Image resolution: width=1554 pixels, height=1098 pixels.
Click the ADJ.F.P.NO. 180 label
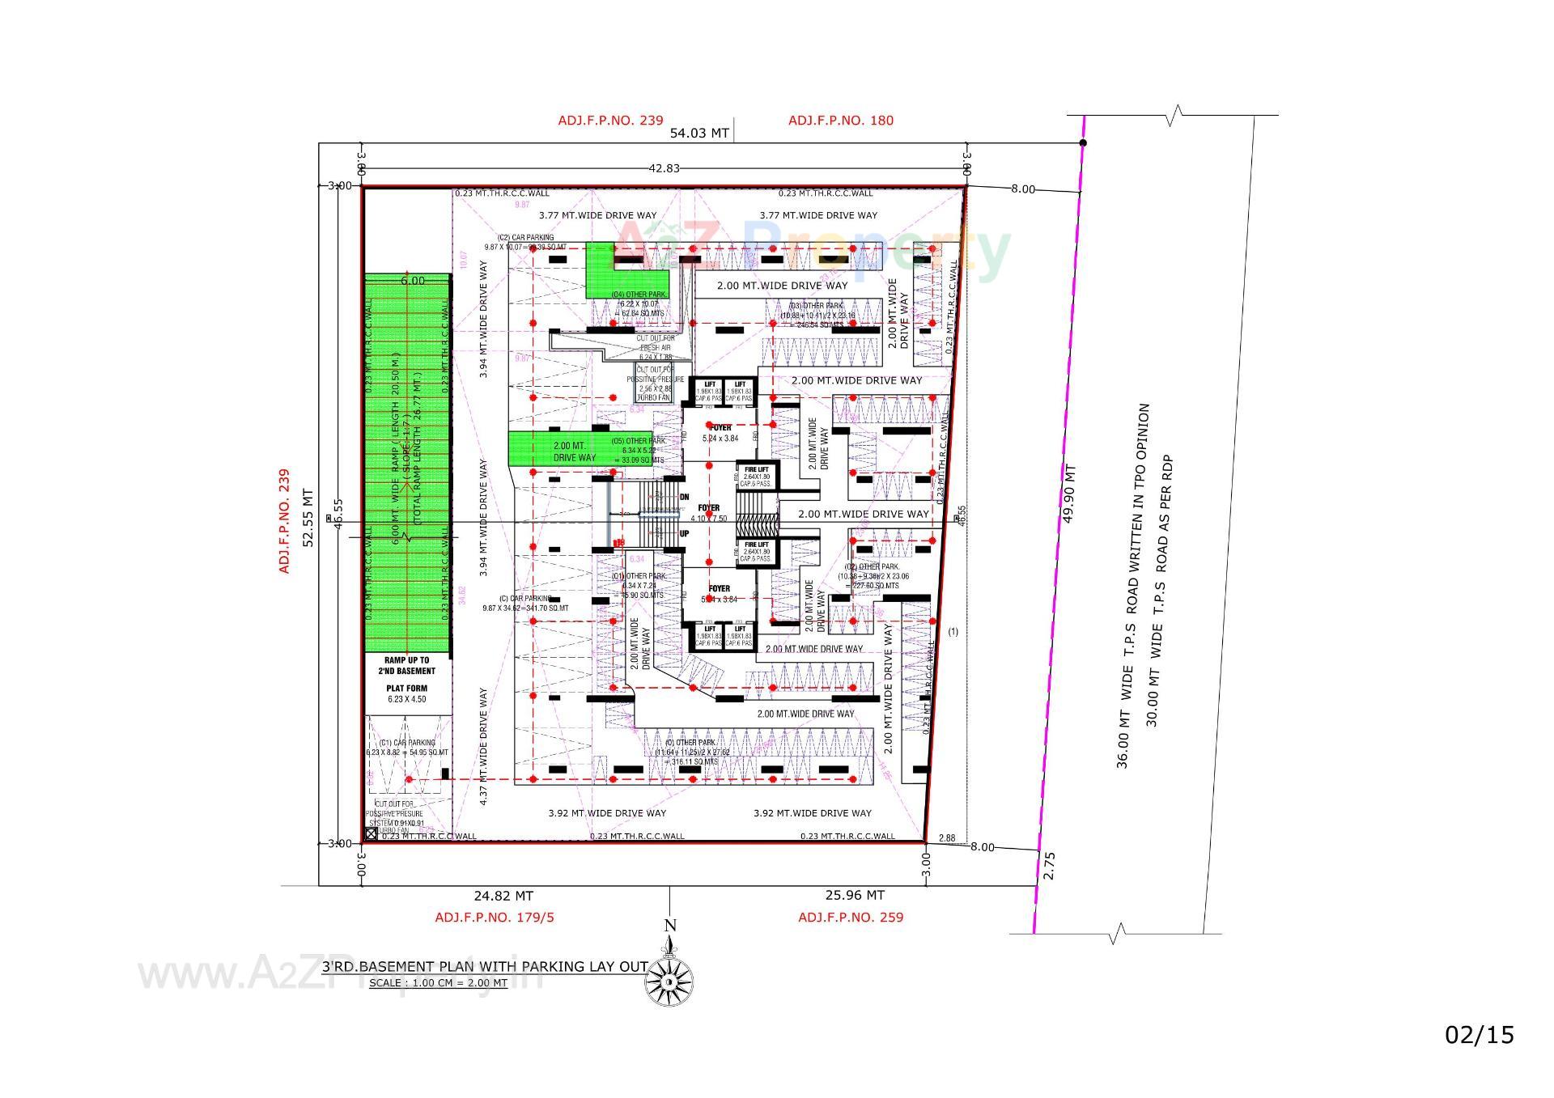pos(841,121)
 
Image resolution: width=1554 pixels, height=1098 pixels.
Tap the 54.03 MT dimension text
pos(699,134)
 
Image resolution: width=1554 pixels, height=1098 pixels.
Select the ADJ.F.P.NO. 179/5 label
pos(495,917)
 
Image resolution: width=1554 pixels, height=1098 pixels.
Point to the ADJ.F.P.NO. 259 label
pos(851,917)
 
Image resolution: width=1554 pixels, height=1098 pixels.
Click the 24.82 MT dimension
pos(503,896)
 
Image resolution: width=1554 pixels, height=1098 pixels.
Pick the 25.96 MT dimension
pos(855,895)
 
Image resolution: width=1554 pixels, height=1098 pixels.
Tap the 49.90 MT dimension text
pos(1069,494)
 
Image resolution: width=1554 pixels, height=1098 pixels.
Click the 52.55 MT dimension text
pos(308,518)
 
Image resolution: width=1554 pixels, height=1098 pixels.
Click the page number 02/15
pos(1480,1034)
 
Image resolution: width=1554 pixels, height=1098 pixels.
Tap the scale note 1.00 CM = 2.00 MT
pos(438,983)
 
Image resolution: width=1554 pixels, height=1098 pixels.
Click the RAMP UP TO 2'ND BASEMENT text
pos(406,666)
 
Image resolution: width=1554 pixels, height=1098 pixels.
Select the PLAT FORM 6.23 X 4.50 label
pos(406,693)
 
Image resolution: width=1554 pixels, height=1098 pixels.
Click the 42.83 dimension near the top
pos(664,168)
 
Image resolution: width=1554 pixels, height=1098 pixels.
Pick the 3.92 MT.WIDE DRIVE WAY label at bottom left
pos(607,813)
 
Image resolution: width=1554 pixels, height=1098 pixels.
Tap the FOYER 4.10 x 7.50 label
pos(709,513)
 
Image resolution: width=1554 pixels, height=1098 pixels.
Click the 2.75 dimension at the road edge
pos(1050,866)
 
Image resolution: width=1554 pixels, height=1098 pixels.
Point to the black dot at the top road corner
pos(1084,143)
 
